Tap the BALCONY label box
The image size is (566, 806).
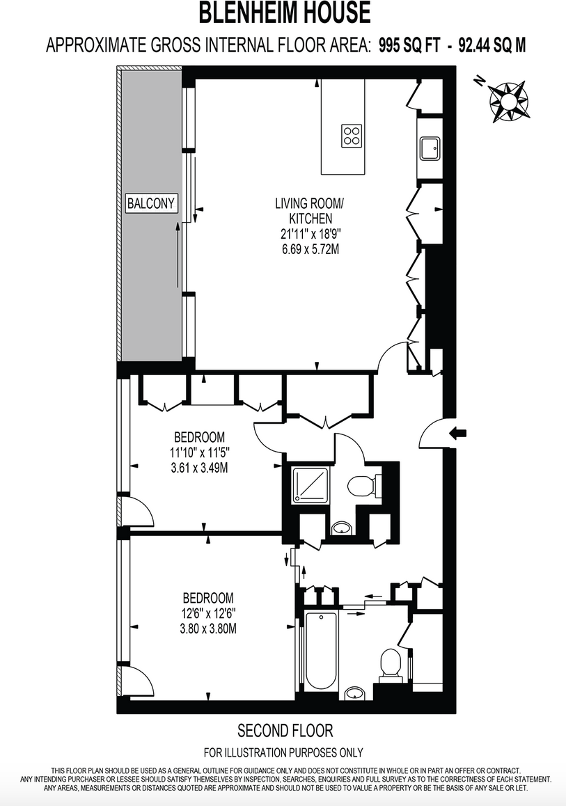coord(151,203)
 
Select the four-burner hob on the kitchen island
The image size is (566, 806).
coord(352,135)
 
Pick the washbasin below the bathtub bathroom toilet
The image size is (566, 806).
coord(356,693)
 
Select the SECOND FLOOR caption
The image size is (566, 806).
coord(285,731)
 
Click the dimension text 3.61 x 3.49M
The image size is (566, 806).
coord(199,468)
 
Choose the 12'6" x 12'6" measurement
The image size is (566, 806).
coord(209,613)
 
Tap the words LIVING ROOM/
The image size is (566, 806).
coord(309,204)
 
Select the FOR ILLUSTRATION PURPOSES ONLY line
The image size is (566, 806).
coord(283,752)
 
